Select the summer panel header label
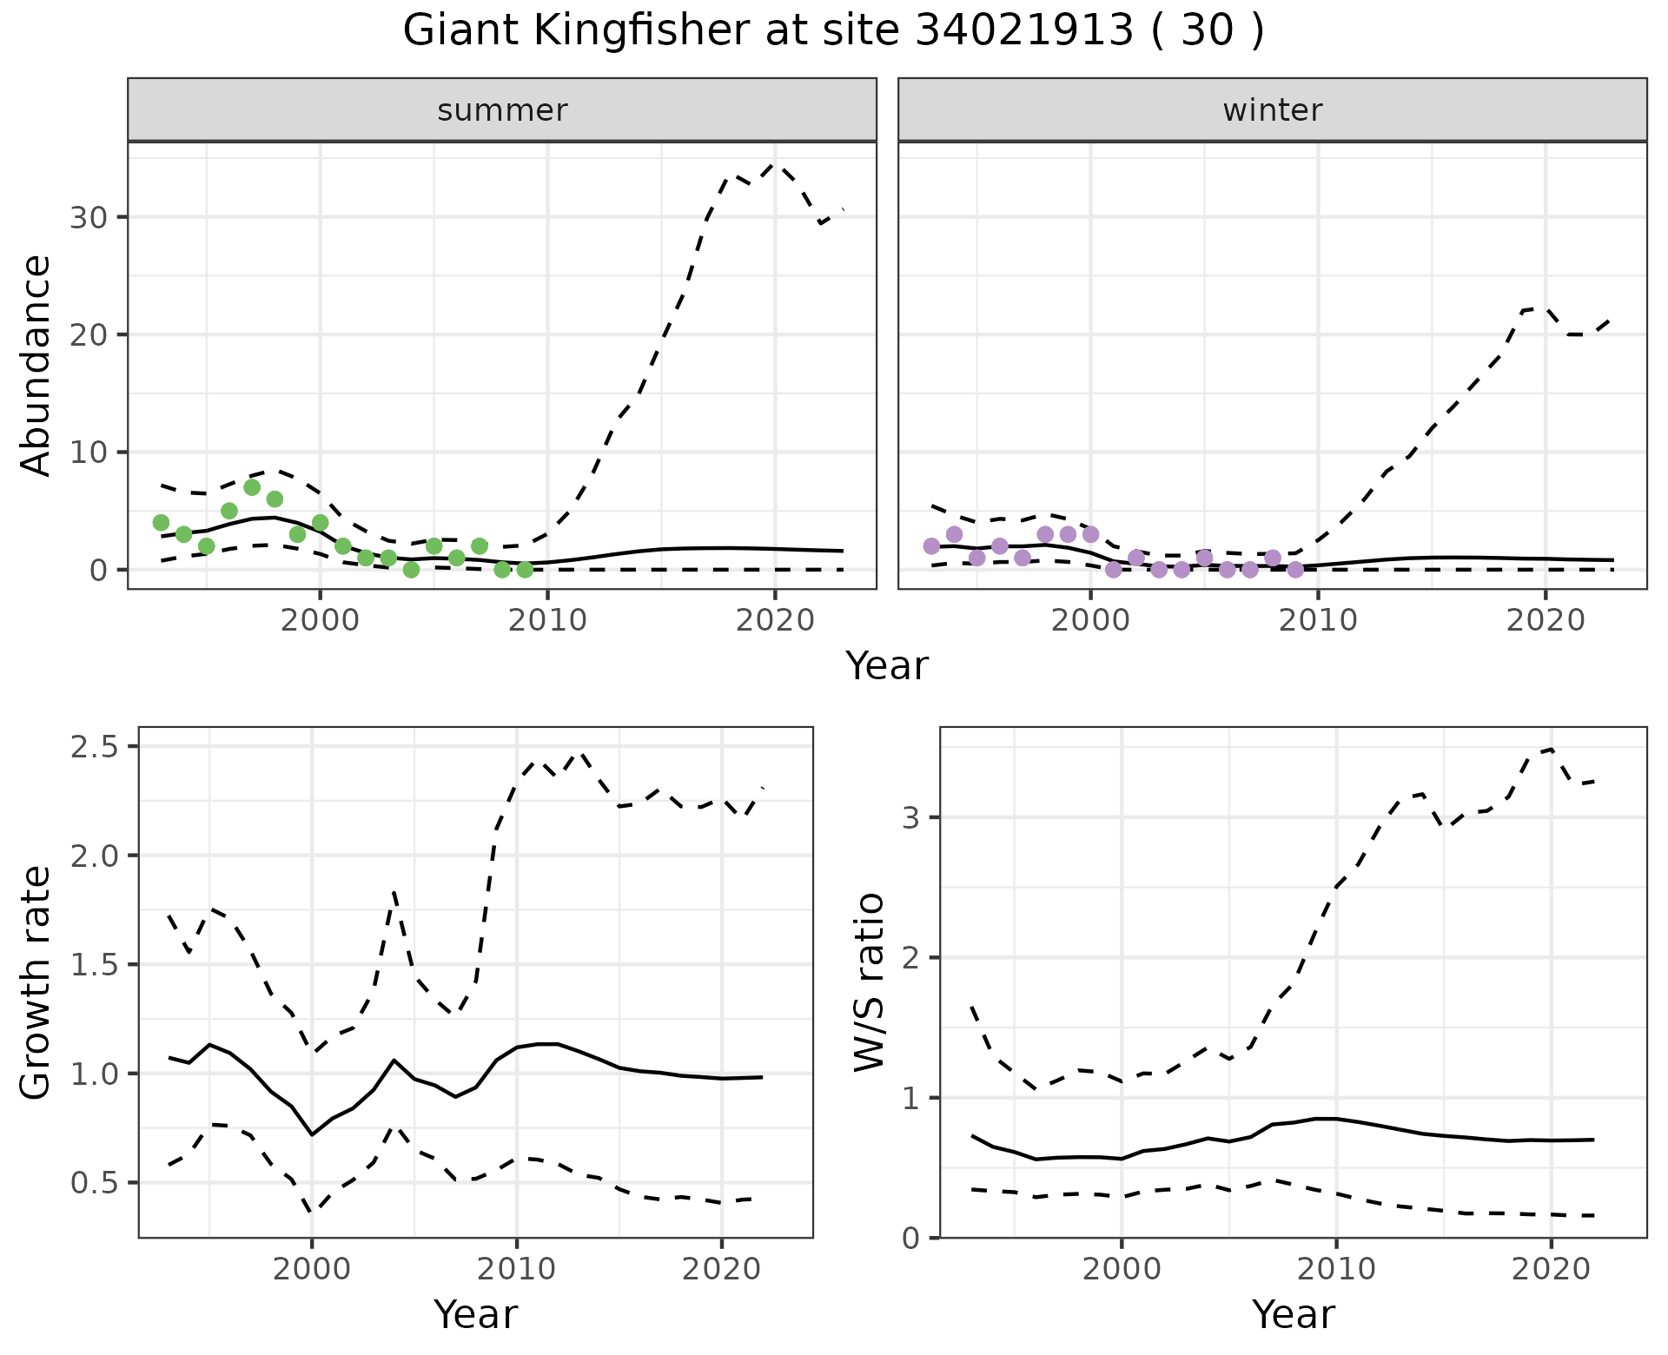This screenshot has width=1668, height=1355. (x=502, y=110)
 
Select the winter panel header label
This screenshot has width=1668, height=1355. (x=1272, y=110)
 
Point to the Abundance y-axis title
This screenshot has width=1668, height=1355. (x=36, y=366)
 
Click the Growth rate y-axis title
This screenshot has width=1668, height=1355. (x=36, y=982)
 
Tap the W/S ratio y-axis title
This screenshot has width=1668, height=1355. (x=869, y=982)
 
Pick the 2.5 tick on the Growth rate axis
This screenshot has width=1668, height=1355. (x=96, y=746)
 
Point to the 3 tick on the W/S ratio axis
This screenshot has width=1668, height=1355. (x=912, y=817)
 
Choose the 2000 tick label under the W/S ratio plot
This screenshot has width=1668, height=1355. (x=1122, y=1269)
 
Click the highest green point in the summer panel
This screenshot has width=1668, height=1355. (x=252, y=487)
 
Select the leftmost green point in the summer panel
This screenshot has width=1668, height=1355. (x=161, y=522)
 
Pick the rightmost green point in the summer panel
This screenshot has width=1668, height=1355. (x=525, y=570)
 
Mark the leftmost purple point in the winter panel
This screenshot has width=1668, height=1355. (x=931, y=546)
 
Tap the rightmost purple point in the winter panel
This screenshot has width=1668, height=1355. (x=1295, y=570)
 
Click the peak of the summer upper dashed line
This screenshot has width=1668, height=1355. (x=775, y=163)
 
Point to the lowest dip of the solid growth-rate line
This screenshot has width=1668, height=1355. (x=312, y=1134)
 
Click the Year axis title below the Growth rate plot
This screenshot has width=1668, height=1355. (x=475, y=1314)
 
